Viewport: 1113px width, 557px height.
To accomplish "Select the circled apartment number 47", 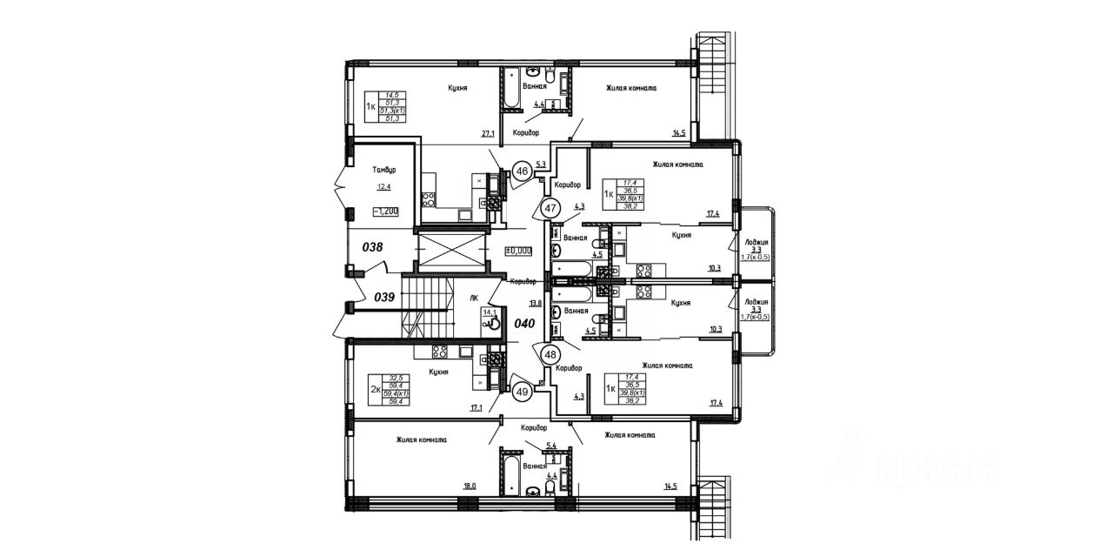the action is coord(550,209).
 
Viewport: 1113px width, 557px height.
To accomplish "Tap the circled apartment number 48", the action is coord(550,355).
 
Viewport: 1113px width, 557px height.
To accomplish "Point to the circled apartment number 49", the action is coord(521,391).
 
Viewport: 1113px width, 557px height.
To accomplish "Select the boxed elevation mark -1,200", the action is coord(386,211).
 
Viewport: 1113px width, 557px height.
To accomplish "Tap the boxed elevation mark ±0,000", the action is coord(518,250).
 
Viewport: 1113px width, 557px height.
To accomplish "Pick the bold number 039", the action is coord(385,297).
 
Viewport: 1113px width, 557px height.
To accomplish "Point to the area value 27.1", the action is coord(487,134).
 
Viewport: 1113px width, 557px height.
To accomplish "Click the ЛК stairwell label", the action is coord(474,298).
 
